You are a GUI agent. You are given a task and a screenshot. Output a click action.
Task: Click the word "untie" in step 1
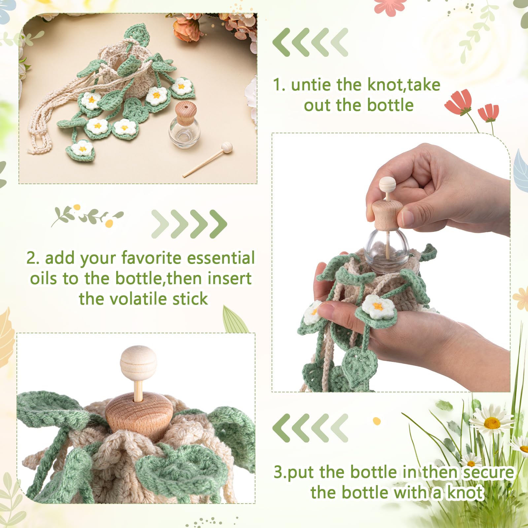point(311,85)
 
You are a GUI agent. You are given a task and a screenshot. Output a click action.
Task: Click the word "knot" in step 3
point(465,493)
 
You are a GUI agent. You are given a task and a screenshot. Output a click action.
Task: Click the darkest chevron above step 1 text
point(281,42)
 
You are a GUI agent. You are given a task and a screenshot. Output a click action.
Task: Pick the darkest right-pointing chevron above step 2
point(218,224)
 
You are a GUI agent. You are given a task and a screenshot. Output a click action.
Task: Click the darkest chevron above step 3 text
point(281,428)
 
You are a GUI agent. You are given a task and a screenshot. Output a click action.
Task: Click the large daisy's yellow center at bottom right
point(492,422)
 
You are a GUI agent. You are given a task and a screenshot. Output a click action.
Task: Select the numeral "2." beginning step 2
point(33,258)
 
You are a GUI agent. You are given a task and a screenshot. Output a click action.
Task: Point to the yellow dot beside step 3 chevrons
point(377,421)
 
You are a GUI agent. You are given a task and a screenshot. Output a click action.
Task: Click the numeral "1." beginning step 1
point(279,85)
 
